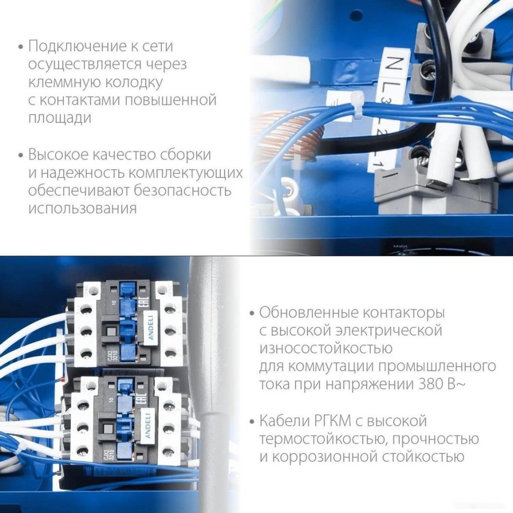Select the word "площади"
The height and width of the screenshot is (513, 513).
[x=60, y=118]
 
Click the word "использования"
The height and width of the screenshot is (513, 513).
[x=83, y=208]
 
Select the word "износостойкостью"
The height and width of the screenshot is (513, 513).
[x=326, y=349]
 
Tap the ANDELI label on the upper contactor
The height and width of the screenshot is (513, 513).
[x=151, y=328]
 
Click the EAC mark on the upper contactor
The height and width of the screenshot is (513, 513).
[x=146, y=302]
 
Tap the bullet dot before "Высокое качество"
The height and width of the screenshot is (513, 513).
[x=21, y=155]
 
